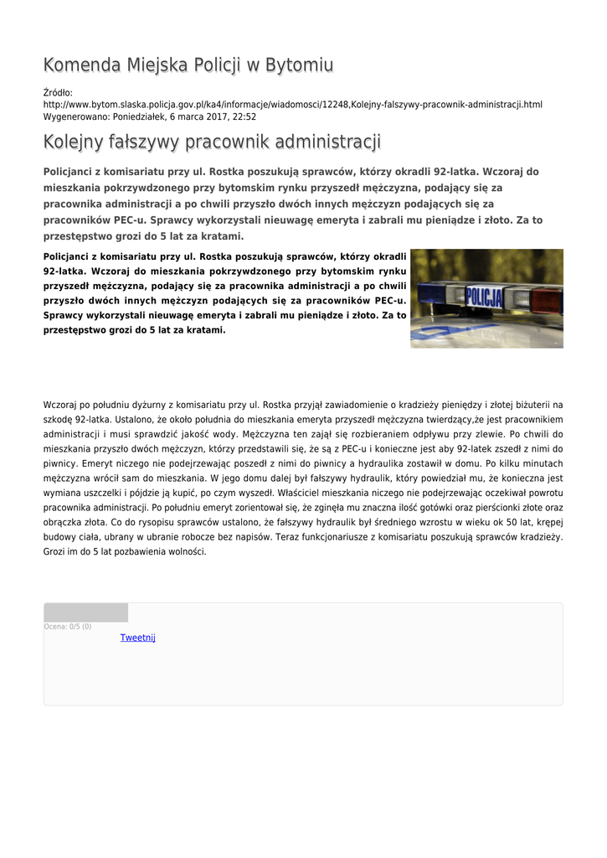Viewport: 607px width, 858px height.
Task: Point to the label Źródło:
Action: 58,92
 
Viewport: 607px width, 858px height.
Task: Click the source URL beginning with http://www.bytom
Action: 292,105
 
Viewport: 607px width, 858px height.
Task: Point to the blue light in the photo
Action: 439,294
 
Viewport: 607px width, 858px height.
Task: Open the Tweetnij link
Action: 137,638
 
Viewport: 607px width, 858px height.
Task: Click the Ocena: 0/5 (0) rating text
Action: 68,626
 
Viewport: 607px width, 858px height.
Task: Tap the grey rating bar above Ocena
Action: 85,612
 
